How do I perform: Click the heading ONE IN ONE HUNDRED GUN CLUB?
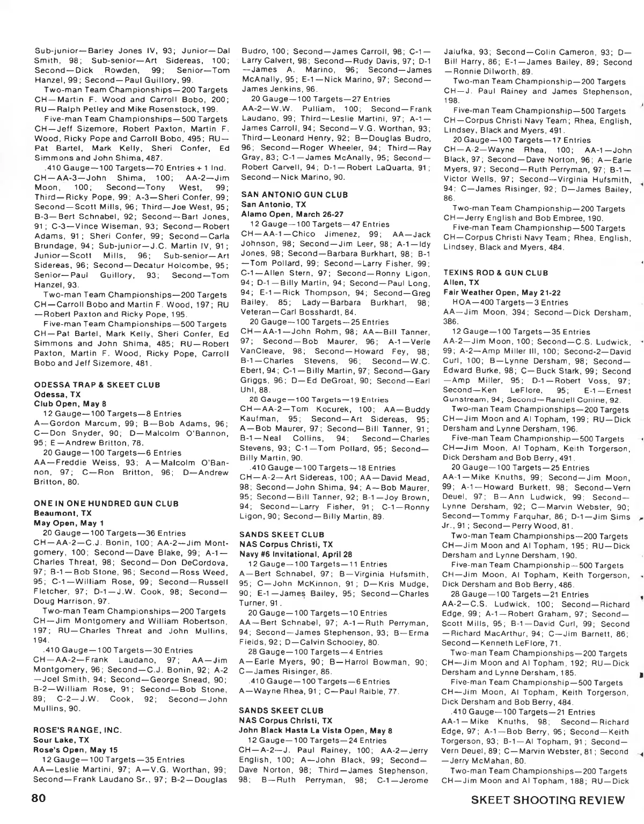click(x=106, y=504)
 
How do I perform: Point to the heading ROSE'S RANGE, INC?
click(x=78, y=730)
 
